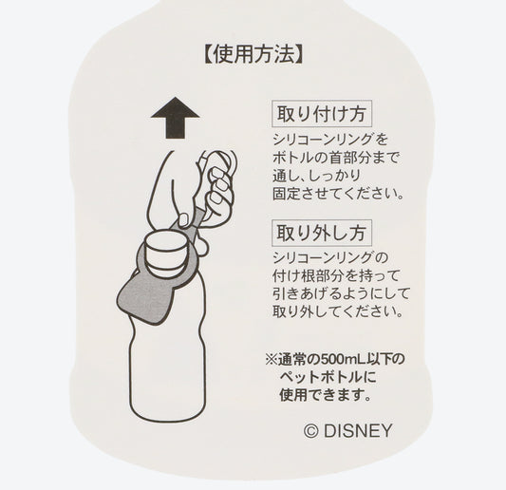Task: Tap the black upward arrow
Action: [x=176, y=122]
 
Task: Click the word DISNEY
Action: [x=357, y=429]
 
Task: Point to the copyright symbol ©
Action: [x=311, y=429]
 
